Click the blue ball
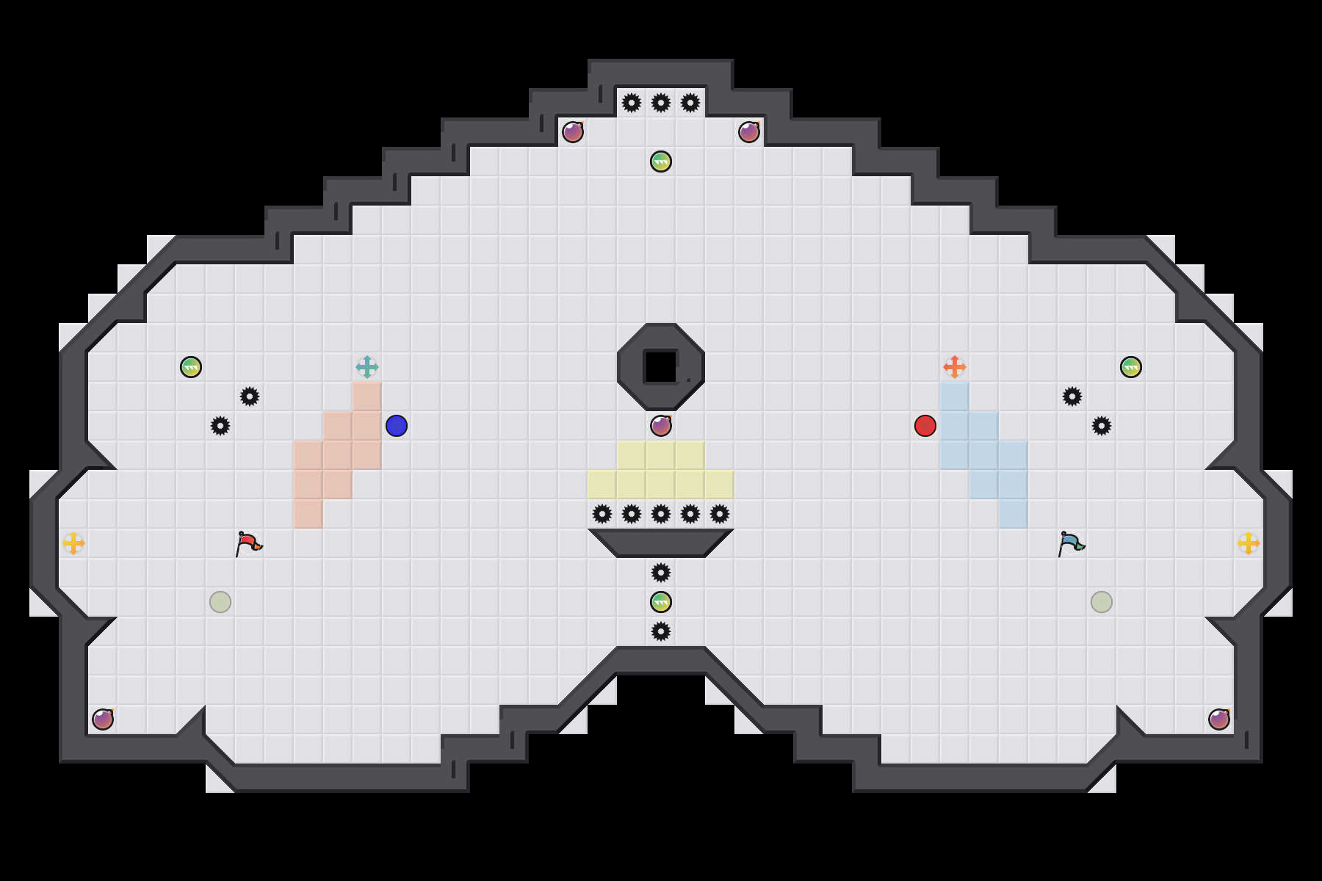(x=397, y=426)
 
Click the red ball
(x=925, y=426)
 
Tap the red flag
(x=248, y=543)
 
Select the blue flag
(x=1071, y=543)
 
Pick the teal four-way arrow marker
(x=367, y=367)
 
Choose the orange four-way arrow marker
(x=955, y=367)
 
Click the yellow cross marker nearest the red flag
(x=73, y=543)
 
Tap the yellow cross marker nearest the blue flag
(x=1249, y=543)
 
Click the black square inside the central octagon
(x=661, y=367)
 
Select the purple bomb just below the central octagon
(x=661, y=426)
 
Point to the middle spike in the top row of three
(x=661, y=103)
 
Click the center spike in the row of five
(x=661, y=514)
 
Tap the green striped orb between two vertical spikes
(x=661, y=602)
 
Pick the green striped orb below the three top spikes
(x=661, y=162)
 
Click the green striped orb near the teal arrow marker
(x=191, y=367)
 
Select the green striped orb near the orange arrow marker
(x=1131, y=367)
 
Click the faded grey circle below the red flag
(x=220, y=602)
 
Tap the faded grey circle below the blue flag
(x=1102, y=602)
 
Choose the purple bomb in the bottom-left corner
(x=103, y=719)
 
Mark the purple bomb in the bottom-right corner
(x=1219, y=719)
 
